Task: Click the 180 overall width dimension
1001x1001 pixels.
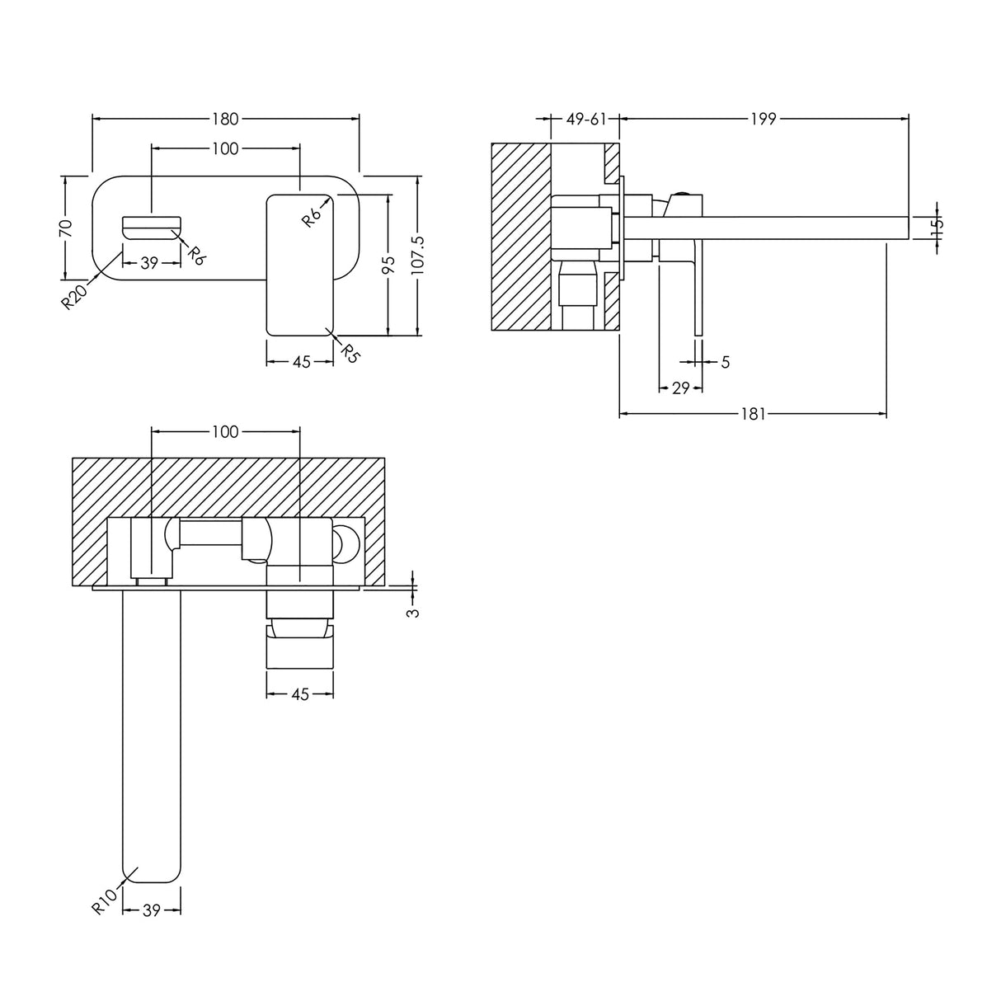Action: [225, 119]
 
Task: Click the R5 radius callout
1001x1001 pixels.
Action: [351, 353]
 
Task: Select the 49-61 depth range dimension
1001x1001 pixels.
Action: [585, 119]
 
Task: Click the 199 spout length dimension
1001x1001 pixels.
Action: [764, 119]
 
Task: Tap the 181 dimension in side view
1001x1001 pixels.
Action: [753, 414]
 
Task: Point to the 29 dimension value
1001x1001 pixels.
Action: [680, 388]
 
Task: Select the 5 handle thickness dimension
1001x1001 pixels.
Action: [725, 361]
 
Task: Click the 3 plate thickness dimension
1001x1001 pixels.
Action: [414, 611]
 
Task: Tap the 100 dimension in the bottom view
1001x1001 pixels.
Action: [225, 431]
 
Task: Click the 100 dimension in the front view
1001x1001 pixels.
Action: [225, 148]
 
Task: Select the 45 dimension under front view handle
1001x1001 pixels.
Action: [301, 362]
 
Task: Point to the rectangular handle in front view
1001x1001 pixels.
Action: [300, 264]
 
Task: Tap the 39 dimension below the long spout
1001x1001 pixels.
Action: [152, 909]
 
